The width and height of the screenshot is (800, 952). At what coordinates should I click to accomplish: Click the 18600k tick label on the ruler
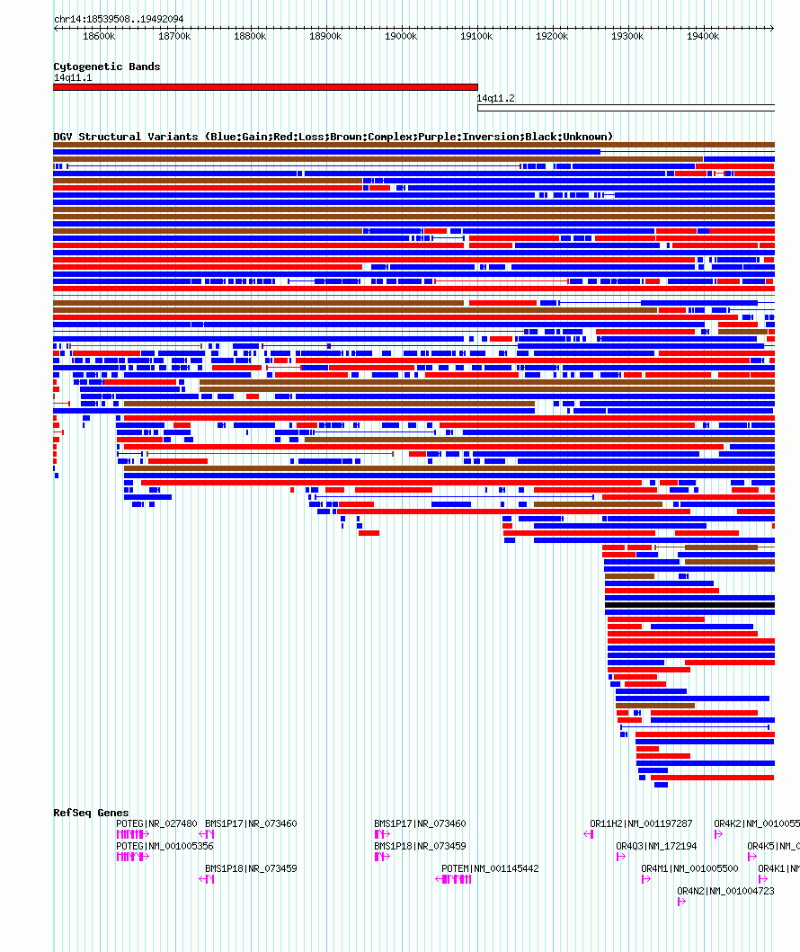click(x=99, y=36)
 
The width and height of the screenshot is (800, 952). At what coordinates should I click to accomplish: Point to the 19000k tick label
click(x=401, y=36)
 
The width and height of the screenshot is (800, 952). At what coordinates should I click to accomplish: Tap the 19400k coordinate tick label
click(x=703, y=36)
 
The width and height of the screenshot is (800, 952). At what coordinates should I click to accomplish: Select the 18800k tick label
click(x=250, y=36)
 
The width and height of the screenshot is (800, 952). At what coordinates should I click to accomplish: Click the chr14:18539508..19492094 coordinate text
click(x=119, y=19)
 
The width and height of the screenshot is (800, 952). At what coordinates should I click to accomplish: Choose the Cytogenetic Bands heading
click(x=107, y=67)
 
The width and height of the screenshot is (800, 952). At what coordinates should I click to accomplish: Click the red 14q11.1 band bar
click(x=265, y=87)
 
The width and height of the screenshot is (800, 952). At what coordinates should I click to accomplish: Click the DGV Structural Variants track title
click(x=333, y=137)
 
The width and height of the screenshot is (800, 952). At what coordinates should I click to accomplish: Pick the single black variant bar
click(x=689, y=605)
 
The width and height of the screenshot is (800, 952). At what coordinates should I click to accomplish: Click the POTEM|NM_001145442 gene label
click(x=490, y=868)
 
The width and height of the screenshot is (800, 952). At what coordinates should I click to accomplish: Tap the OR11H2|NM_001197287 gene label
click(x=641, y=823)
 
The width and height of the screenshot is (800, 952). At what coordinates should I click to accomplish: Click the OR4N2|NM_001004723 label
click(x=725, y=891)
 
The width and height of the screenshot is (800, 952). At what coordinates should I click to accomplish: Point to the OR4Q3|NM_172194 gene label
click(x=656, y=846)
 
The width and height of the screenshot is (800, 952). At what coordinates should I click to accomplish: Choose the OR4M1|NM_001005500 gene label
click(x=689, y=868)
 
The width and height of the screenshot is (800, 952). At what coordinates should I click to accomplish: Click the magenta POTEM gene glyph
click(x=456, y=879)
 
